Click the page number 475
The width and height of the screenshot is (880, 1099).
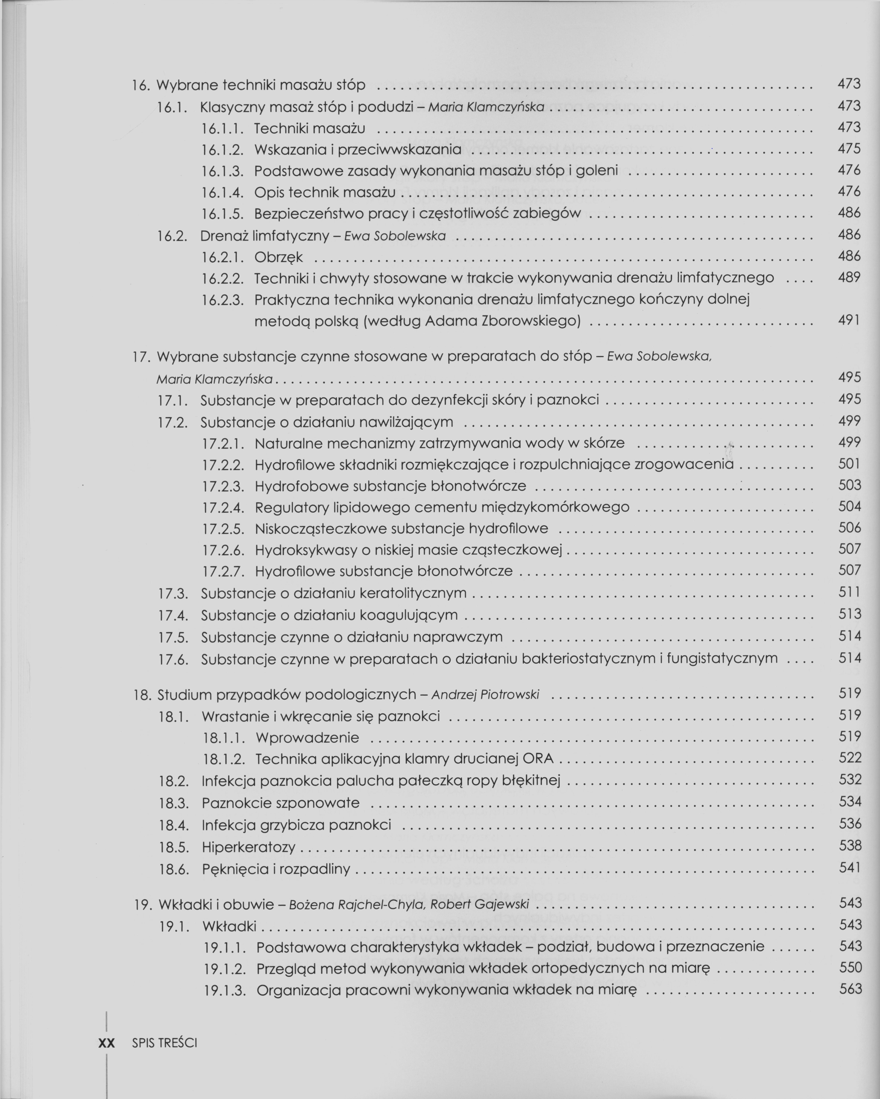(x=849, y=149)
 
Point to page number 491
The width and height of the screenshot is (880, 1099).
(x=849, y=320)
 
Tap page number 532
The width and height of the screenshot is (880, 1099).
(x=850, y=780)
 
